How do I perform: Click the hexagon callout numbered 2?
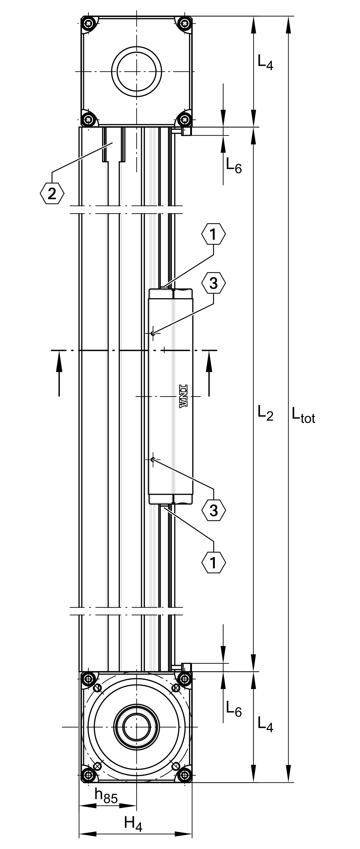(x=52, y=193)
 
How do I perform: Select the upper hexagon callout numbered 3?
(x=214, y=283)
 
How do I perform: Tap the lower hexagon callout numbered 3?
(x=214, y=510)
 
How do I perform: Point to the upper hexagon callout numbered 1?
(x=213, y=234)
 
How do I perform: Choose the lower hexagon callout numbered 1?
(x=213, y=563)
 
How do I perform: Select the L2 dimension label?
(x=265, y=413)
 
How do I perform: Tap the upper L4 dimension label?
(x=265, y=62)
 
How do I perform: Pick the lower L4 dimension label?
(x=265, y=725)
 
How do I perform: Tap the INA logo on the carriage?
(x=183, y=396)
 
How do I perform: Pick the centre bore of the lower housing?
(x=136, y=727)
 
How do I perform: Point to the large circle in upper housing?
(x=136, y=71)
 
